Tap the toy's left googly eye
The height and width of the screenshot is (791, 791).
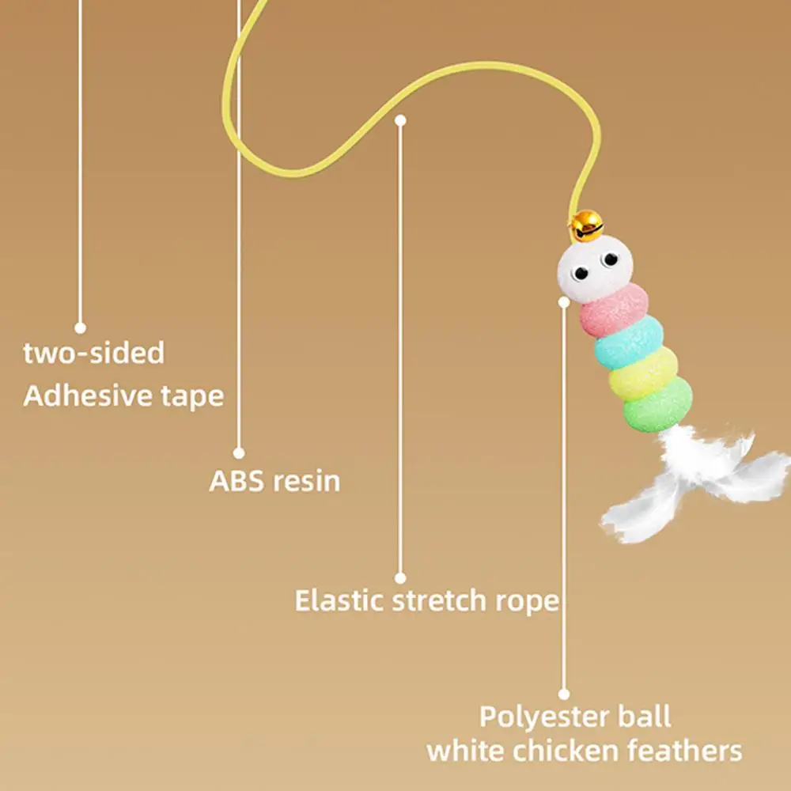(581, 273)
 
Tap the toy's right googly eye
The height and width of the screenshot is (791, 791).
(609, 259)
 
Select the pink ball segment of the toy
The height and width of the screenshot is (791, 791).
(614, 311)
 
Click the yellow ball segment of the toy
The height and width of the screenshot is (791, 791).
(644, 373)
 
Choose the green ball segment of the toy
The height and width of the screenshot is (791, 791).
(657, 405)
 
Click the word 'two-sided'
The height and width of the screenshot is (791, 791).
(93, 353)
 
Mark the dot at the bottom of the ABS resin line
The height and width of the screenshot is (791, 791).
(239, 453)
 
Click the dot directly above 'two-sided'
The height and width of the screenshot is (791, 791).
(80, 327)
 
